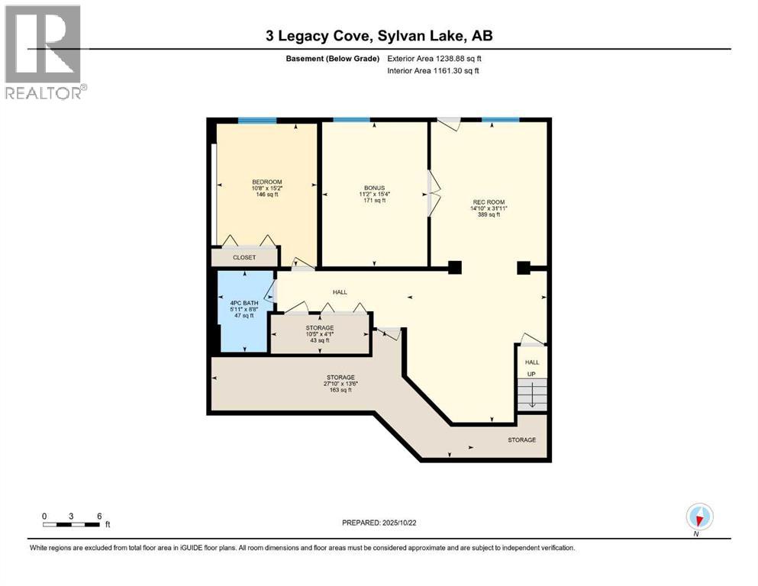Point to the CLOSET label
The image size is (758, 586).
[x=244, y=258]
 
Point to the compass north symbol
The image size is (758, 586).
[x=699, y=517]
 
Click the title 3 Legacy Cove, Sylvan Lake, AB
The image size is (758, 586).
[x=379, y=37]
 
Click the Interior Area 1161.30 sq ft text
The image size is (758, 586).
[x=436, y=71]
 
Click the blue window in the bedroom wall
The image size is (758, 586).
[x=257, y=120]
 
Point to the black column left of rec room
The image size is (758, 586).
[x=455, y=267]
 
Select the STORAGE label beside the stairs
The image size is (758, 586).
[x=522, y=439]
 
